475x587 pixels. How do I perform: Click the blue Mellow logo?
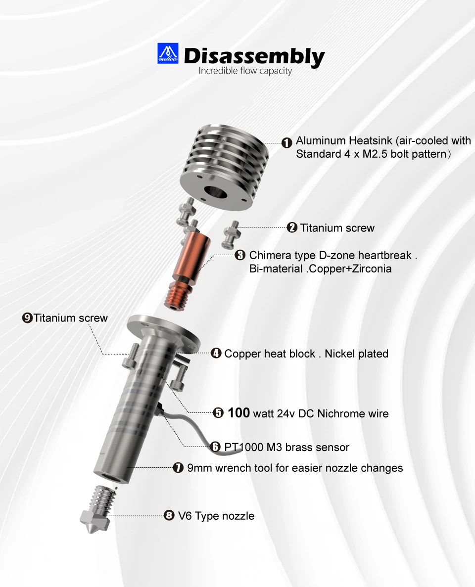pos(167,53)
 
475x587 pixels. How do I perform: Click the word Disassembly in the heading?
pos(254,56)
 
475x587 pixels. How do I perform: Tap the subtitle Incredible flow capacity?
pos(245,71)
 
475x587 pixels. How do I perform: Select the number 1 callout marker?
pos(286,142)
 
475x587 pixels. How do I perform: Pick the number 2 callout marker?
pos(292,227)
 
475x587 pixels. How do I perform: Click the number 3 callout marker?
pos(240,255)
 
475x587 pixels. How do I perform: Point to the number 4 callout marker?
pos(216,353)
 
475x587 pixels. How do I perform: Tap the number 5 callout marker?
pos(218,413)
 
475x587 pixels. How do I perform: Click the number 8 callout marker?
pos(169,515)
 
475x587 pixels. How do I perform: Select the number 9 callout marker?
pos(27,318)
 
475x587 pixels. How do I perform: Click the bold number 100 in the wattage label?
pos(238,412)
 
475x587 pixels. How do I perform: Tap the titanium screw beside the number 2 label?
pos(231,234)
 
